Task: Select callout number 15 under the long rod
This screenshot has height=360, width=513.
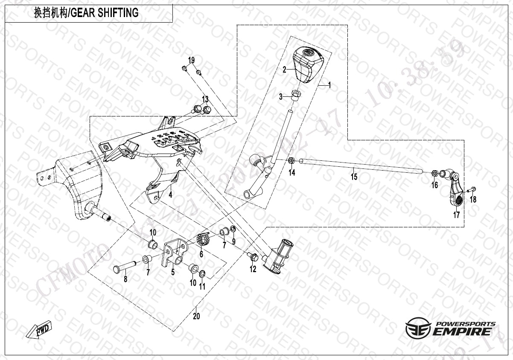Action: coord(354,176)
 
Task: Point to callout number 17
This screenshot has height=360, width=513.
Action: coord(457,215)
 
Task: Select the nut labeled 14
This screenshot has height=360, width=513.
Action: coord(291,161)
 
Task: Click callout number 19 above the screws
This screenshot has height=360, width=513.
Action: coord(191,59)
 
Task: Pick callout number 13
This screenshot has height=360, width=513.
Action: coord(205,99)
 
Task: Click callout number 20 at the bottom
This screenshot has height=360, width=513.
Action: coord(196,316)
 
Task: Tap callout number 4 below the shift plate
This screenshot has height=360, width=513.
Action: coord(170,195)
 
